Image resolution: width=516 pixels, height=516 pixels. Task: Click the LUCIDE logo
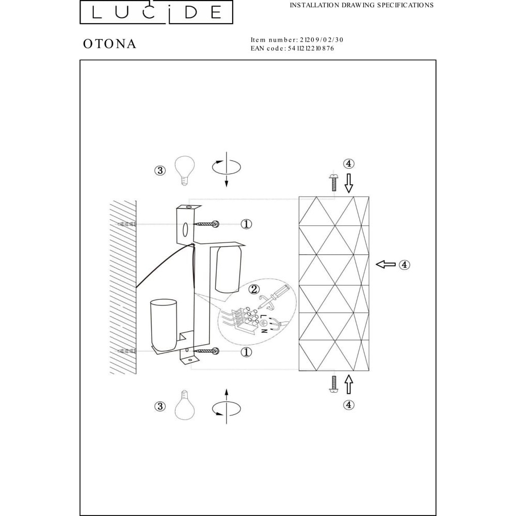[x=156, y=12]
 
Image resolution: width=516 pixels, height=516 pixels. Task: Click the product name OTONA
[x=109, y=44]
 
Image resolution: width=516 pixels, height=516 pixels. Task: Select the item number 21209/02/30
[x=321, y=40]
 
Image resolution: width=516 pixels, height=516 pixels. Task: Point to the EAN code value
[x=311, y=49]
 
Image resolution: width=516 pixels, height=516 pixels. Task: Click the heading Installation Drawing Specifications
[x=362, y=5]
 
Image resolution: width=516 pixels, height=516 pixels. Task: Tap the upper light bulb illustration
[x=185, y=170]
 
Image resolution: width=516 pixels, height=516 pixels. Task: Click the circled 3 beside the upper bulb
[x=160, y=170]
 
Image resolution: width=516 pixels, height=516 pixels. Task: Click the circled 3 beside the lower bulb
[x=160, y=407]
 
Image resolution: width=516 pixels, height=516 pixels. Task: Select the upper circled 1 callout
[x=246, y=224]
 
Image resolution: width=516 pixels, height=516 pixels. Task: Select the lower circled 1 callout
[x=246, y=352]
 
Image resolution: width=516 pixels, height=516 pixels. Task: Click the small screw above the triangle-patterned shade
[x=333, y=182]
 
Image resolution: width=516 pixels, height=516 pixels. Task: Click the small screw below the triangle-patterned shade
[x=333, y=384]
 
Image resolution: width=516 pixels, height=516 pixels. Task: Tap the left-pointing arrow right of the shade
[x=385, y=264]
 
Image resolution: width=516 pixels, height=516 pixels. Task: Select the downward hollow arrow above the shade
[x=349, y=183]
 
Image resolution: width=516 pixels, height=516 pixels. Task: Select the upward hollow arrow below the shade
[x=349, y=384]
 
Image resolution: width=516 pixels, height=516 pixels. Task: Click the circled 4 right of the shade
[x=405, y=265]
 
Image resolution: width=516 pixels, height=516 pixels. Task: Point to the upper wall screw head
[x=216, y=224]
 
